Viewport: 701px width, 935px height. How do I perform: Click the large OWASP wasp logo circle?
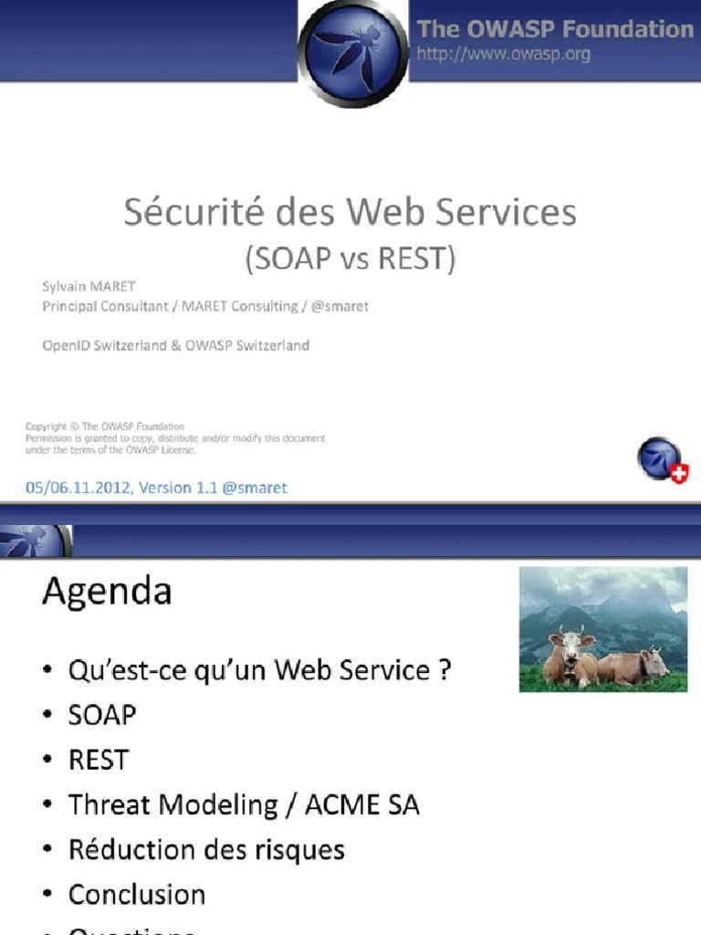pos(352,52)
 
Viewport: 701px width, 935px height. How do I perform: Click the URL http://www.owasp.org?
pos(503,54)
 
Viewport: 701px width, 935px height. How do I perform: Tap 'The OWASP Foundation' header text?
pos(555,29)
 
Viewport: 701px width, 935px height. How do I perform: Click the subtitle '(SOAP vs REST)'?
pos(350,259)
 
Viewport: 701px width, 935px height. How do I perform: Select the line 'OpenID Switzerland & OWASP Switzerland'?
pos(176,345)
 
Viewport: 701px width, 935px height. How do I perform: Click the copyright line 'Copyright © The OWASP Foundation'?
pos(105,426)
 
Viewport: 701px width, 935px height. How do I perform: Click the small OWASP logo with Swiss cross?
pos(662,460)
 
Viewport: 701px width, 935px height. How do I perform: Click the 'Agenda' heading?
pos(107,593)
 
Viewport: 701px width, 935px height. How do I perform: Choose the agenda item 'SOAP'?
pos(102,715)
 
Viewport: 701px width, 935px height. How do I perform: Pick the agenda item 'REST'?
pos(99,760)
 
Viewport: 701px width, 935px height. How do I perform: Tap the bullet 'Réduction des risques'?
pos(206,849)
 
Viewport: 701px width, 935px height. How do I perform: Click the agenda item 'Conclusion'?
pos(137,894)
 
